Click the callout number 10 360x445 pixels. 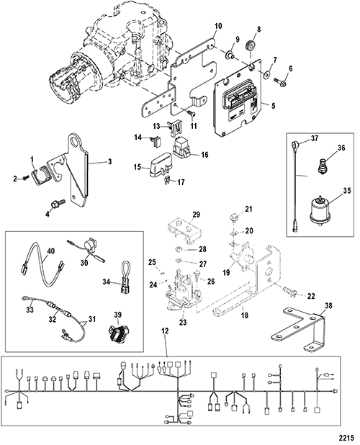pos(218,26)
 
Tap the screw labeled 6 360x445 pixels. pos(280,82)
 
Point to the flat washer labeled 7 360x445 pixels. pos(266,75)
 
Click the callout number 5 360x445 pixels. pos(273,106)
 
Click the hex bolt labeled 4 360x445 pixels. pos(58,204)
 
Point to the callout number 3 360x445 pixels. pos(109,161)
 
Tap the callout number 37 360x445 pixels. pos(314,138)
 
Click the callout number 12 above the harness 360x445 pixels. pos(166,331)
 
